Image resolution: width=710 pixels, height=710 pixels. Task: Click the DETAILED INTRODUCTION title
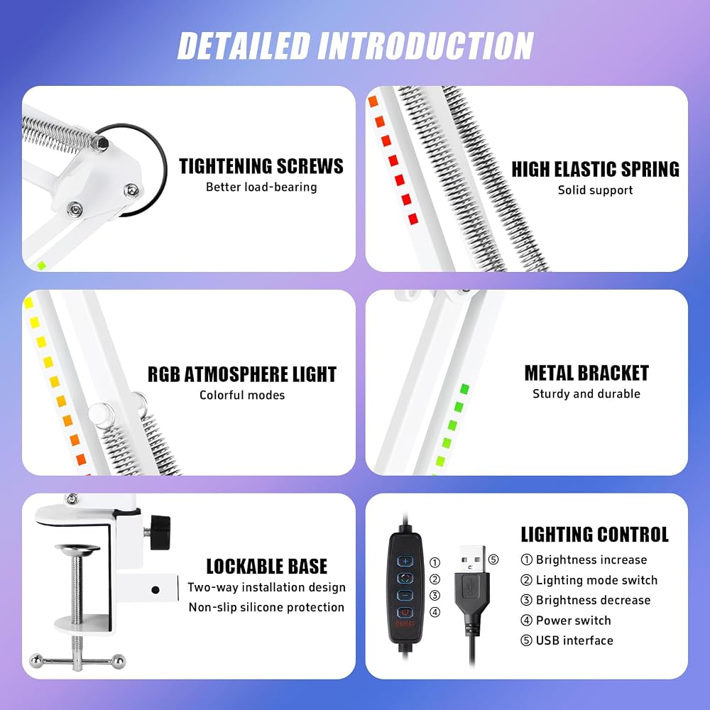pyautogui.click(x=356, y=45)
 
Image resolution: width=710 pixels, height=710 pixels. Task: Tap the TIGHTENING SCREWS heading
pyautogui.click(x=261, y=166)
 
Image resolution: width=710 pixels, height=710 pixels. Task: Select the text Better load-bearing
pyautogui.click(x=261, y=187)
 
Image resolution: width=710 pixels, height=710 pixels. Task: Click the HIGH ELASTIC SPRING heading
pyautogui.click(x=596, y=170)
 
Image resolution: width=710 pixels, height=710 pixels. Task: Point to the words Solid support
pyautogui.click(x=596, y=190)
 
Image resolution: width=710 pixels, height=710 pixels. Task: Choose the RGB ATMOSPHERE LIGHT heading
pyautogui.click(x=242, y=374)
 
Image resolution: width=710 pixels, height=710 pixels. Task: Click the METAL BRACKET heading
pyautogui.click(x=586, y=373)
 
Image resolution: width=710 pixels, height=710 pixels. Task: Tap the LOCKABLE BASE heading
pyautogui.click(x=267, y=567)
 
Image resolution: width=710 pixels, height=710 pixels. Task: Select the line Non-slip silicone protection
pyautogui.click(x=267, y=607)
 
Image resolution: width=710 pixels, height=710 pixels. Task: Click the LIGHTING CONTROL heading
pyautogui.click(x=594, y=535)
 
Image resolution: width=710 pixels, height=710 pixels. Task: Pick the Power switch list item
pyautogui.click(x=566, y=621)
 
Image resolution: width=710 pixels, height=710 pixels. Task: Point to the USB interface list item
pyautogui.click(x=567, y=640)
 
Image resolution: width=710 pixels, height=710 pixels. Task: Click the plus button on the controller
pyautogui.click(x=405, y=562)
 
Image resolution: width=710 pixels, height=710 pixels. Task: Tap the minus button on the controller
pyautogui.click(x=405, y=596)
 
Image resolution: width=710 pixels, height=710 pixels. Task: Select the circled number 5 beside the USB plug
pyautogui.click(x=493, y=559)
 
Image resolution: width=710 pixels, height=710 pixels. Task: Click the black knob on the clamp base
pyautogui.click(x=160, y=532)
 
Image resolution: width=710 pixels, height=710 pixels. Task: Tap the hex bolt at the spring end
pyautogui.click(x=99, y=143)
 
